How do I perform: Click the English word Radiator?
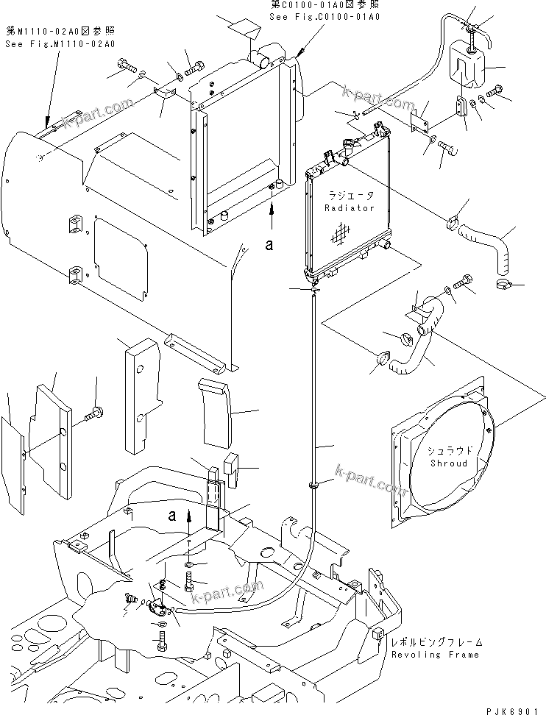(350, 208)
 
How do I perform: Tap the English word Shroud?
(449, 463)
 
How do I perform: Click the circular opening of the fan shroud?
(450, 456)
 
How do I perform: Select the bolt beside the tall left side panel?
(94, 415)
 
